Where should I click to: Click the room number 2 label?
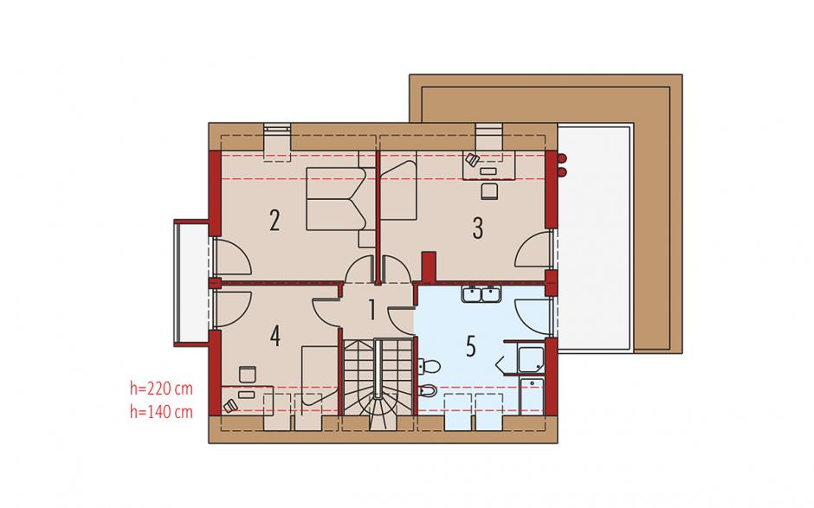tap(275, 220)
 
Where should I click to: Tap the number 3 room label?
tap(478, 228)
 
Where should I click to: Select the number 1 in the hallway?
tap(371, 309)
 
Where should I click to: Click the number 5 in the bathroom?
tap(471, 347)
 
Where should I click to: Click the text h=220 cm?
tap(161, 388)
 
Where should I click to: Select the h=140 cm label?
tap(161, 412)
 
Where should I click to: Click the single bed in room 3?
tap(398, 190)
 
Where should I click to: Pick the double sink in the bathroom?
tap(481, 293)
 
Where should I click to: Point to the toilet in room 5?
tap(429, 367)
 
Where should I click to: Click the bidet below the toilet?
tap(428, 390)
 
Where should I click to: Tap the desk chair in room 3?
tap(490, 190)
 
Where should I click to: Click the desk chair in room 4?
tap(247, 375)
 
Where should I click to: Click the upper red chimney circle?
tap(562, 158)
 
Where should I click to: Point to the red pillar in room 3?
tap(429, 267)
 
